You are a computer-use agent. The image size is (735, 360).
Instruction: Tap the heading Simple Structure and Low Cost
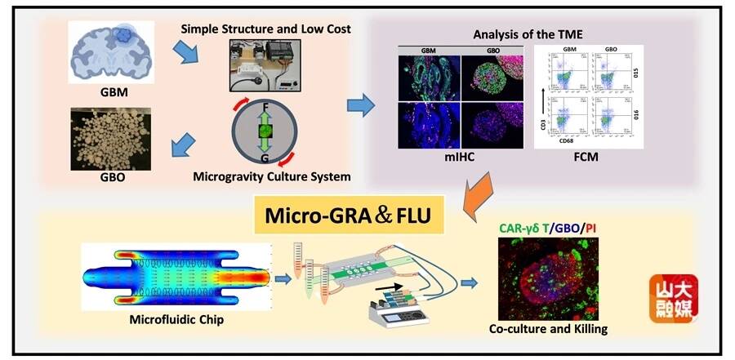tap(266, 29)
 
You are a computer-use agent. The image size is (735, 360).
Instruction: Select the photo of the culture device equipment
tap(266, 67)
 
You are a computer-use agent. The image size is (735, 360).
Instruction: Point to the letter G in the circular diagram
tap(265, 157)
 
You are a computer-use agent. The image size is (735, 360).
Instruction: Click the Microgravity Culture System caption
tap(265, 176)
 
